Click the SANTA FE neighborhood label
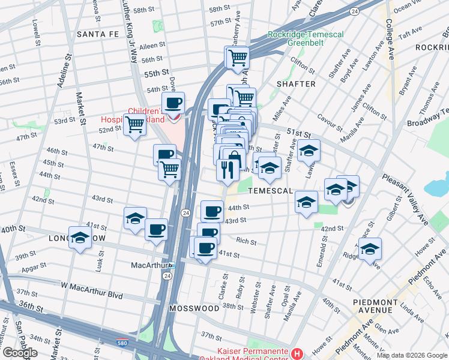pyautogui.click(x=98, y=35)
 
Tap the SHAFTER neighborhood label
pyautogui.click(x=295, y=84)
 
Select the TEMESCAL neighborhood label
pyautogui.click(x=269, y=191)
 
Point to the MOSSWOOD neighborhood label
pyautogui.click(x=194, y=308)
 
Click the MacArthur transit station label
pyautogui.click(x=149, y=265)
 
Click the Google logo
pyautogui.click(x=19, y=353)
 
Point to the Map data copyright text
pyautogui.click(x=411, y=355)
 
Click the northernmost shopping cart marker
pyautogui.click(x=237, y=58)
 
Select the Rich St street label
pyautogui.click(x=246, y=242)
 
